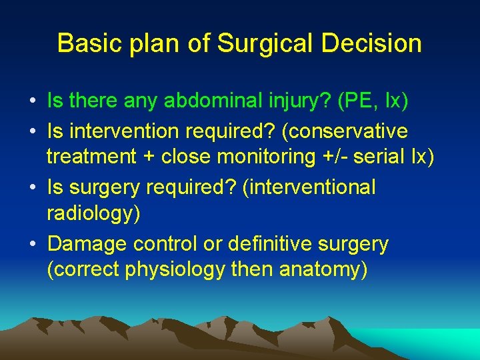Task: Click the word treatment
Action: click(90, 158)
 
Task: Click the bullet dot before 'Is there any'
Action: click(33, 101)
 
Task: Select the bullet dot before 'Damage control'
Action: click(33, 245)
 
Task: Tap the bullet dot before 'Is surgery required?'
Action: click(33, 188)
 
